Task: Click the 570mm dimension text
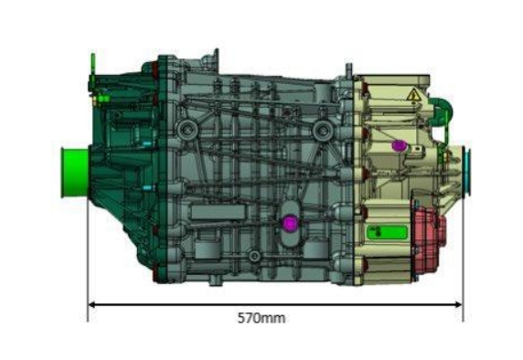[261, 318]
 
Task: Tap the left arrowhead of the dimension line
[91, 304]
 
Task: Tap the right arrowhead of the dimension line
[459, 304]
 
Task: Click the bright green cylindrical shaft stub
[74, 173]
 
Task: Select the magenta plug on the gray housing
[290, 223]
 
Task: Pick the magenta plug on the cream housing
[398, 145]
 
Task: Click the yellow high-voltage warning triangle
[413, 95]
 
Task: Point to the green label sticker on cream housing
[388, 232]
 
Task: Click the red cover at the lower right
[429, 238]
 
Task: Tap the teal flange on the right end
[467, 171]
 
